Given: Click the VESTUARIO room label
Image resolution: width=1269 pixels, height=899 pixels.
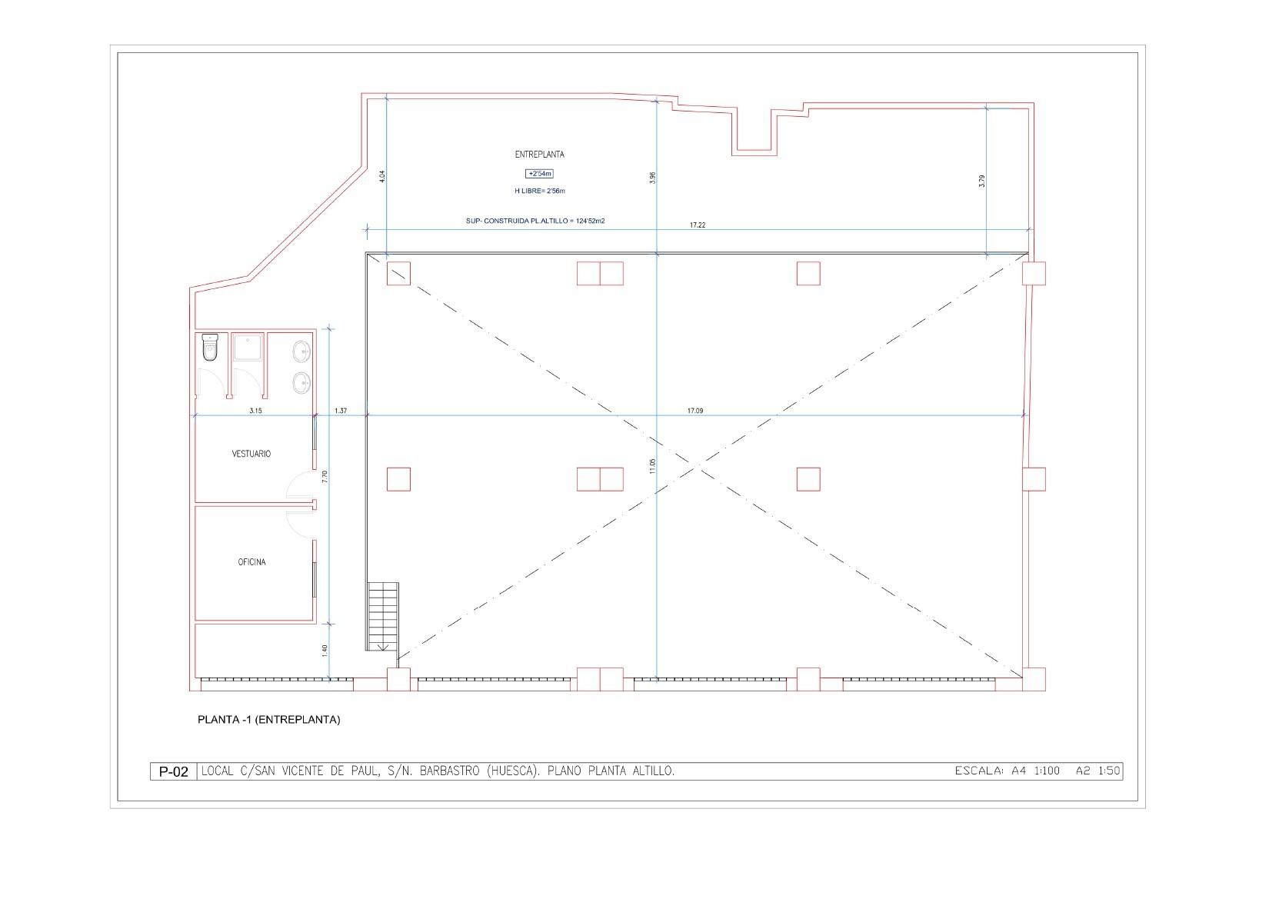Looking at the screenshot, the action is (x=251, y=454).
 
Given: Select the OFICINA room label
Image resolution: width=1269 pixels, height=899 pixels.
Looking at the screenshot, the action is (x=251, y=562).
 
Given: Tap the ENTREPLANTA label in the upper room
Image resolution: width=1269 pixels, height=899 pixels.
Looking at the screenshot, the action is (x=539, y=154).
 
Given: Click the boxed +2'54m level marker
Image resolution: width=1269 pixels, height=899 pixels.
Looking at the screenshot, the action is (x=539, y=174).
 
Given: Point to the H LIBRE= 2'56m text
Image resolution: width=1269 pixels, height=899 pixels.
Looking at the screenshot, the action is (x=539, y=191).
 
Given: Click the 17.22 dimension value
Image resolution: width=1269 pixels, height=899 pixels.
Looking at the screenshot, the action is (x=698, y=225).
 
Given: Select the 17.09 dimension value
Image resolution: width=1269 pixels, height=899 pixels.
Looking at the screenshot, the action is (x=695, y=411).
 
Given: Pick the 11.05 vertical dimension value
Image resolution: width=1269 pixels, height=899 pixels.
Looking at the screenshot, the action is (x=653, y=465).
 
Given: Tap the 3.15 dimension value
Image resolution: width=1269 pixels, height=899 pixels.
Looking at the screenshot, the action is (x=255, y=411).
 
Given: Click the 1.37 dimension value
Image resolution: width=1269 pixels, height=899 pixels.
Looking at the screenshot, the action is (x=341, y=411).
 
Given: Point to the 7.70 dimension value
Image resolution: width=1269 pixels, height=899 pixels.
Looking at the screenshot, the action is (x=325, y=476).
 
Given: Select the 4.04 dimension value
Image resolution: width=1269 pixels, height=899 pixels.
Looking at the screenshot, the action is (x=381, y=176).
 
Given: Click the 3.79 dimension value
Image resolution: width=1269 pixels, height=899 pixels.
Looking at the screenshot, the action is (x=982, y=181).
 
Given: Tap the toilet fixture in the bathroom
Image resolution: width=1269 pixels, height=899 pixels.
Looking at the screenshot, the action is (x=210, y=348).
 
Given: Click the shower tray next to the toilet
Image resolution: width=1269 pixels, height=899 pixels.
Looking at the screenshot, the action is (x=248, y=348).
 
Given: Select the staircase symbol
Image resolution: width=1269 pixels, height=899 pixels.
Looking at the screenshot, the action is (x=383, y=616).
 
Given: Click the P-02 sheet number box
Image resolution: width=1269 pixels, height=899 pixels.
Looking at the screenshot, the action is (x=173, y=771).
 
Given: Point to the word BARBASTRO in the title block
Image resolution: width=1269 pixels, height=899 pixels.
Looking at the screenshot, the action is (x=451, y=771).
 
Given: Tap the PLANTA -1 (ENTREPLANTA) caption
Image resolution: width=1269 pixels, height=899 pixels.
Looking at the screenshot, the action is (x=268, y=720).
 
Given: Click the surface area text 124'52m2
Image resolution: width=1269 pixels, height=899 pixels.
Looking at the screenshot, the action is (x=591, y=221).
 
